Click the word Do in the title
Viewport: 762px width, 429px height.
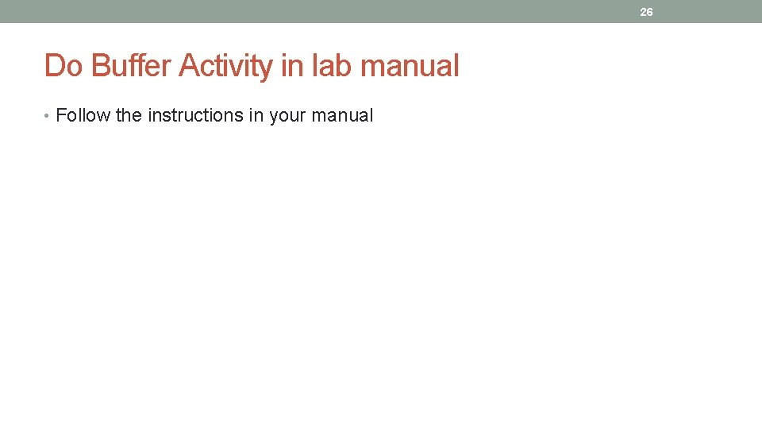pos(63,66)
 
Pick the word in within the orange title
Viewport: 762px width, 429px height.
pos(291,66)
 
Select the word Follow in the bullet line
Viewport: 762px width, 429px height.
pos(83,116)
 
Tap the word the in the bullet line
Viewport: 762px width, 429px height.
pos(129,116)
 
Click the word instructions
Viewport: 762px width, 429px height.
pos(195,116)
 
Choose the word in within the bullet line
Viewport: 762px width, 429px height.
pos(256,116)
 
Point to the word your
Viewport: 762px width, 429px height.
pos(287,116)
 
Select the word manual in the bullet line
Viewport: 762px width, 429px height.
pos(342,116)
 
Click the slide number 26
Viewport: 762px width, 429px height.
pos(646,12)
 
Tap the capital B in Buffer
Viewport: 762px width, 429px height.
pos(102,66)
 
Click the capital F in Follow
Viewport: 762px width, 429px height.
pos(61,116)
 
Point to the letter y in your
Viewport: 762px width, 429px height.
pos(274,117)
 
